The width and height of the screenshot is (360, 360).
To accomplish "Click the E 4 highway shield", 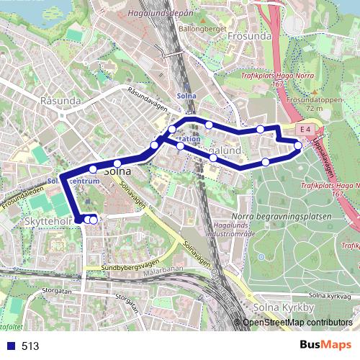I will point(305,129).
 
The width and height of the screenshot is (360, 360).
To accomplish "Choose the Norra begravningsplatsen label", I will point(282,216).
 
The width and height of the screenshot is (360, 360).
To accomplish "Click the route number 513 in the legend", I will point(30,346).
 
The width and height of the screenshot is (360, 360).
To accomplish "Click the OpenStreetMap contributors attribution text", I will point(297,323).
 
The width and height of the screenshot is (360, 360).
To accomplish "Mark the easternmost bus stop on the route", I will point(298,146).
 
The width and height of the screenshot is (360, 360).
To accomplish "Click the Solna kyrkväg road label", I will point(328,295).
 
